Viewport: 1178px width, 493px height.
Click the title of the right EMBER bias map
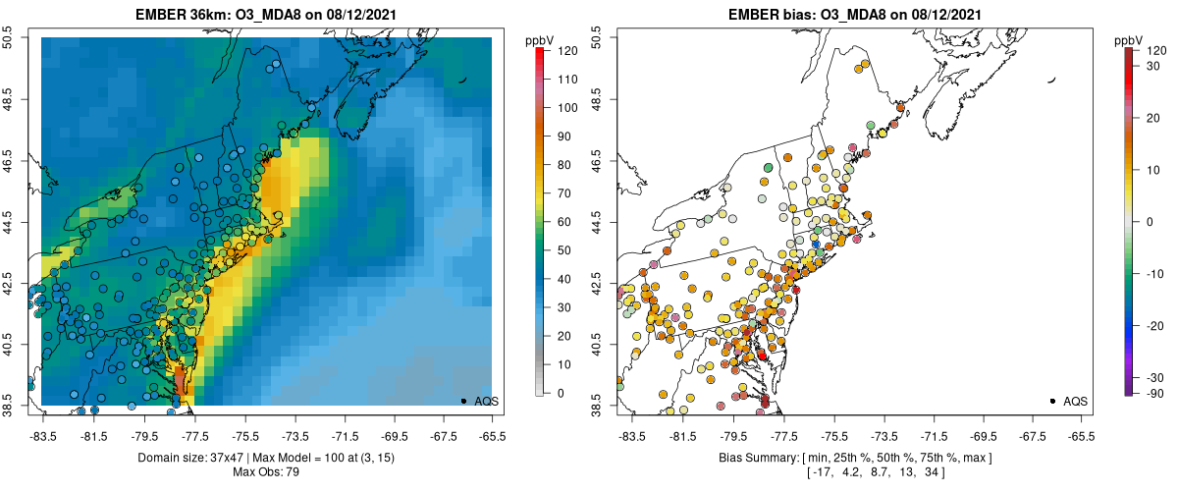(x=854, y=13)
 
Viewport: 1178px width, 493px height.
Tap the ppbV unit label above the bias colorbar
(x=1130, y=40)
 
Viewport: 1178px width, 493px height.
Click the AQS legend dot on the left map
(x=462, y=401)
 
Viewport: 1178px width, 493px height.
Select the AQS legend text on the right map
(x=1078, y=402)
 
